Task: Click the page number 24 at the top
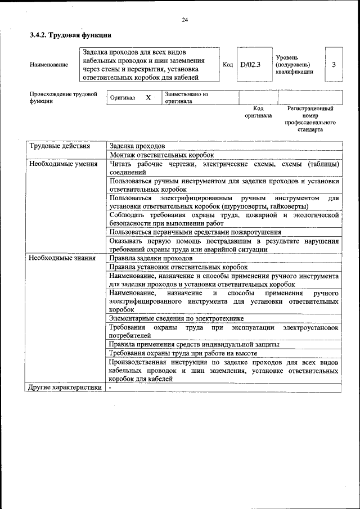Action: (184, 20)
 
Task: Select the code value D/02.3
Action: (250, 65)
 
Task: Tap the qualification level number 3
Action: (334, 65)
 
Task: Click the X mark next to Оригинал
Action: (148, 97)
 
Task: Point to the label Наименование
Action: (49, 65)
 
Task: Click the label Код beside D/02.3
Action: (228, 65)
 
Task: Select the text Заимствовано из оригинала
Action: (187, 98)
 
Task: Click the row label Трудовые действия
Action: (60, 146)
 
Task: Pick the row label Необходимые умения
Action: (64, 164)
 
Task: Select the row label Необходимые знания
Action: (62, 258)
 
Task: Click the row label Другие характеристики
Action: (65, 388)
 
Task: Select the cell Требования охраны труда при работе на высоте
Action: (183, 353)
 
